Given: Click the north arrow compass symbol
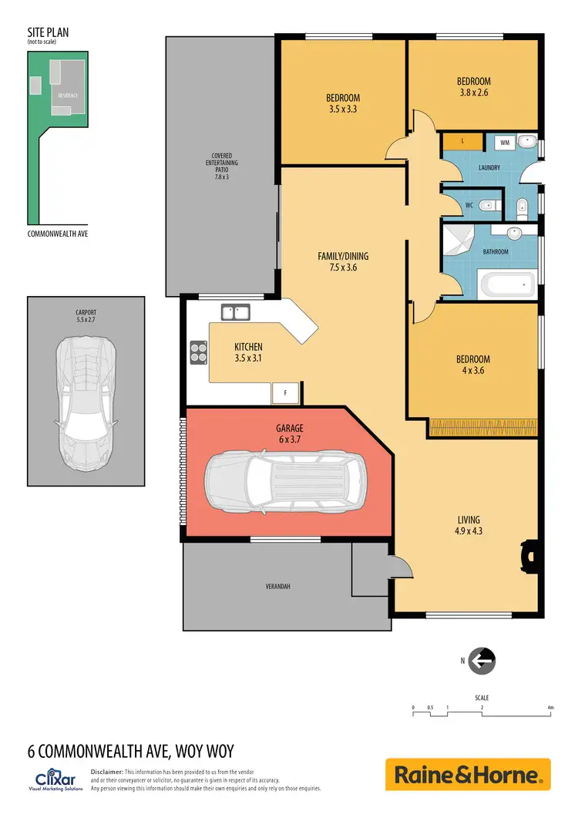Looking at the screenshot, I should (482, 660).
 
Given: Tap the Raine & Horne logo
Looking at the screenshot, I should (468, 774).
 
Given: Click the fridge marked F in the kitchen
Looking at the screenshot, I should (286, 393).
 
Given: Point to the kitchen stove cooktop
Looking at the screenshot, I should (199, 352).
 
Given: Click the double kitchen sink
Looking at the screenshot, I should (235, 312).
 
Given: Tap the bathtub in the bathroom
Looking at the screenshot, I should (506, 285).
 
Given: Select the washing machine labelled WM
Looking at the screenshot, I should (505, 143).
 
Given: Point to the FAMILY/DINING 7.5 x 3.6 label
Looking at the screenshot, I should (338, 262).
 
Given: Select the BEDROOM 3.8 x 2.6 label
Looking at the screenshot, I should (473, 86).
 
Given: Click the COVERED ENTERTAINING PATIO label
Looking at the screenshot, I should (222, 166).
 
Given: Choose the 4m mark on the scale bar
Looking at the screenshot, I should (550, 707).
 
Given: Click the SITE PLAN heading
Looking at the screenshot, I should (48, 34).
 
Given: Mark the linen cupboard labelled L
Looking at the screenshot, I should (462, 142).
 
